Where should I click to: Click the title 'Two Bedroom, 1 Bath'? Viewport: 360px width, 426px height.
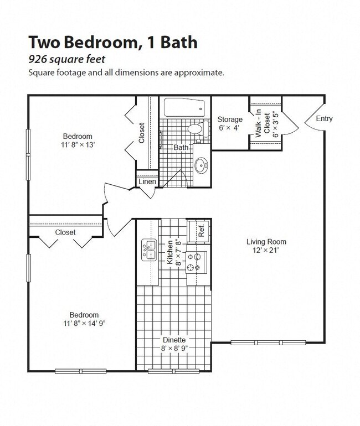(x=112, y=43)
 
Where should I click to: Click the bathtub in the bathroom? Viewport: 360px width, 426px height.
(x=183, y=107)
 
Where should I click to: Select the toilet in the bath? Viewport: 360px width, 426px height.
(x=196, y=129)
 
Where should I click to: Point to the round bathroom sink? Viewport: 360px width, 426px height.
(x=202, y=164)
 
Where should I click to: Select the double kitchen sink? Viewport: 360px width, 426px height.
(x=148, y=250)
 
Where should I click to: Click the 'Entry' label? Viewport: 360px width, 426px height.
(x=325, y=118)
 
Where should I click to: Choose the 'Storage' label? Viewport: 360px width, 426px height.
(x=229, y=120)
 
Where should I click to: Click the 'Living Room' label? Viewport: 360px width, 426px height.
(x=266, y=241)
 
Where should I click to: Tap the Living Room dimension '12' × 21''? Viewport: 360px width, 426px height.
(x=266, y=250)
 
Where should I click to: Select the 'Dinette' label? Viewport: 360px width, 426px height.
(x=174, y=340)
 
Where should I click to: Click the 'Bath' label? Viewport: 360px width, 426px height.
(x=181, y=148)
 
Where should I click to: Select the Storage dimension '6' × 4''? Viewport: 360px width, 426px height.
(x=229, y=128)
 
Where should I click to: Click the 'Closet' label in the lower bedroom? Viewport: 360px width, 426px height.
(x=65, y=232)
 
